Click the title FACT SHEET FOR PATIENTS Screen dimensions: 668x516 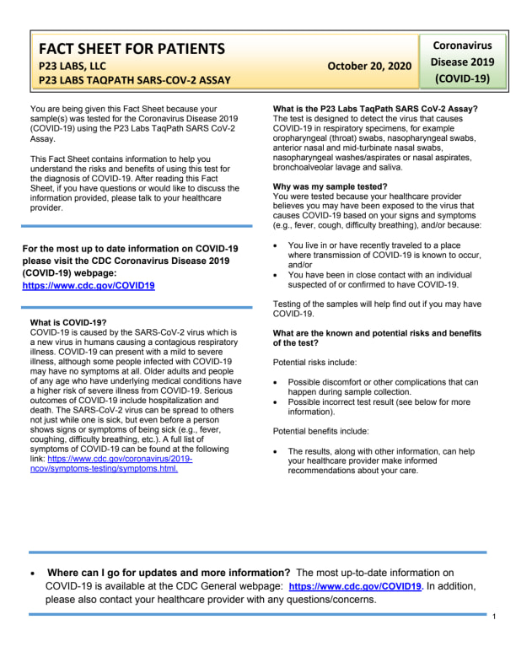coord(131,48)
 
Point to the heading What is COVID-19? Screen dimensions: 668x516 coord(68,323)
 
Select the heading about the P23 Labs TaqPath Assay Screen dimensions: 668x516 coord(375,109)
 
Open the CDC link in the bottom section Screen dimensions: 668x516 coord(355,586)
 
